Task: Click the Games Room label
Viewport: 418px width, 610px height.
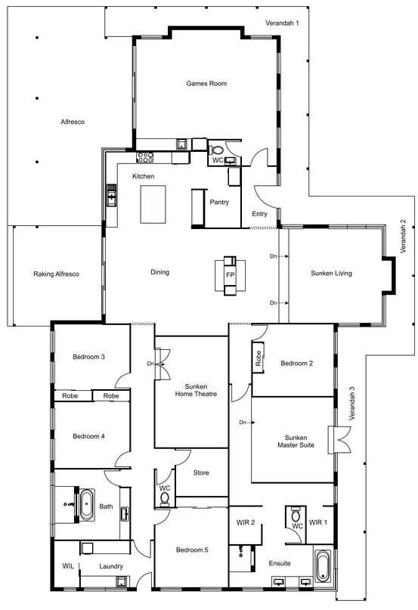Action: [206, 83]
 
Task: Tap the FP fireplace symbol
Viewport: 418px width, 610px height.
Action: [230, 275]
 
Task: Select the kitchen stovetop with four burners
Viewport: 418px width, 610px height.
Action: [145, 157]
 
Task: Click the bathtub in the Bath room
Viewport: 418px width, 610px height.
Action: [86, 505]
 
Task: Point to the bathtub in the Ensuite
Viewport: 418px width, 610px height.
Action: [323, 566]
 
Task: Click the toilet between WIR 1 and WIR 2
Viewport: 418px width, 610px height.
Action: [296, 515]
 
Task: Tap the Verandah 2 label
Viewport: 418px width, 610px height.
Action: [403, 237]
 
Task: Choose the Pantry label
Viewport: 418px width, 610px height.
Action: [219, 203]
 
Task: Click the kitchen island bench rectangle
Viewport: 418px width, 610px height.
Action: [153, 204]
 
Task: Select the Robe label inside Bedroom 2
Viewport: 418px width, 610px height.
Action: [259, 358]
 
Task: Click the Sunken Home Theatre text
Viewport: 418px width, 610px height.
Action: [196, 390]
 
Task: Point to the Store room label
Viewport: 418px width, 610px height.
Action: [201, 472]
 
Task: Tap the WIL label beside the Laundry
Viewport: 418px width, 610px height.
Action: [68, 566]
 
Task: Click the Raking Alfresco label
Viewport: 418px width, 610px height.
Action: [56, 274]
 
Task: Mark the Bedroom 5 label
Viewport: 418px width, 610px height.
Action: [192, 550]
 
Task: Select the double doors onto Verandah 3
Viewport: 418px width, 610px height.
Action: [340, 440]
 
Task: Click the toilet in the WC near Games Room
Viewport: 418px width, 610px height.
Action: [216, 150]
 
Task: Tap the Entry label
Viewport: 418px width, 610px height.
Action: [259, 214]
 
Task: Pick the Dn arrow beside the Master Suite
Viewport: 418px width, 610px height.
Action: [246, 422]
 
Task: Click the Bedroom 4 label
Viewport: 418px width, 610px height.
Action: [88, 436]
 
